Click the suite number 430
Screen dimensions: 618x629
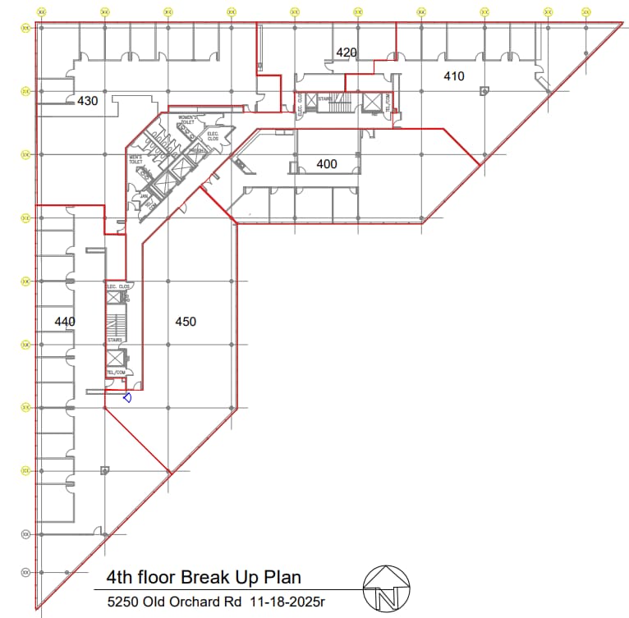coord(87,102)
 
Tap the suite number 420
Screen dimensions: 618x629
coord(347,53)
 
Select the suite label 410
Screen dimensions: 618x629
coord(453,76)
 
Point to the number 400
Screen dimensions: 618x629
coord(327,164)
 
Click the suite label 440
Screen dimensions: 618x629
coord(65,322)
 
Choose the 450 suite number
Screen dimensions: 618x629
coord(186,322)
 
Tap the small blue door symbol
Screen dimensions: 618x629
coord(127,398)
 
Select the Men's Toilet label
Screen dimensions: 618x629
coord(135,159)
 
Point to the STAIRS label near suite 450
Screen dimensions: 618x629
coord(114,340)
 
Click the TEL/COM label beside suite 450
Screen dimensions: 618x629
coord(115,373)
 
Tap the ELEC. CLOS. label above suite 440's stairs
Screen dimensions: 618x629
coord(118,286)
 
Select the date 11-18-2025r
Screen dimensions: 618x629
coord(287,602)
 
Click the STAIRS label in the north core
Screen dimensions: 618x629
coord(324,98)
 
